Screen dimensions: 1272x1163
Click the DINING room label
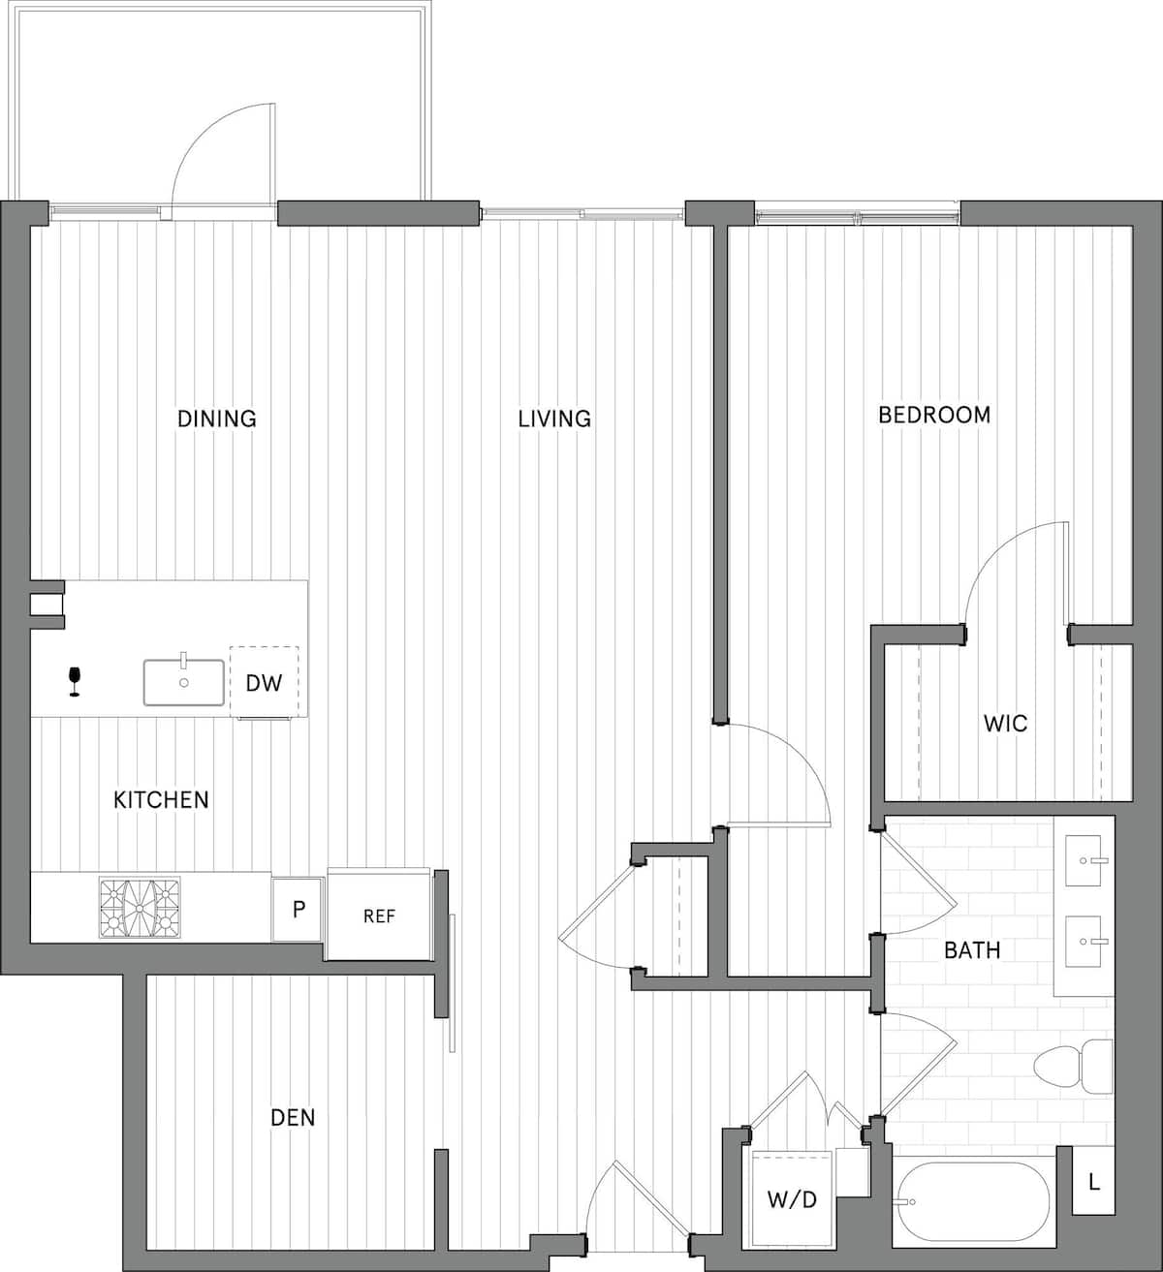pyautogui.click(x=216, y=419)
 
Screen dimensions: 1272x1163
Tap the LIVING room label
pyautogui.click(x=553, y=419)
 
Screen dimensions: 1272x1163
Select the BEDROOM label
pyautogui.click(x=933, y=415)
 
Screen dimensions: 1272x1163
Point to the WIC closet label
pyautogui.click(x=1005, y=723)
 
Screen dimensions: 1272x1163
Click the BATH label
pyautogui.click(x=971, y=949)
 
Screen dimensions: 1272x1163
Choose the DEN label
pyautogui.click(x=293, y=1117)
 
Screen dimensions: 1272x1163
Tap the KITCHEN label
pyautogui.click(x=161, y=799)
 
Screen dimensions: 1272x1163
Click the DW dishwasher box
pyautogui.click(x=264, y=683)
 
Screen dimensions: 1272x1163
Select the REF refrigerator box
pyautogui.click(x=379, y=915)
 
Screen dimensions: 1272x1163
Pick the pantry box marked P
pyautogui.click(x=299, y=910)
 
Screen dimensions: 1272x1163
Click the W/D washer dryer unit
pyautogui.click(x=792, y=1199)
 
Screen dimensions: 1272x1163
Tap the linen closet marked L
pyautogui.click(x=1094, y=1182)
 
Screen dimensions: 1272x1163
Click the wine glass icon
pyautogui.click(x=74, y=681)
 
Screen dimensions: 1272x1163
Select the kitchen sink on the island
pyautogui.click(x=183, y=682)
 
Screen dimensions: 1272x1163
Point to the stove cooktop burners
pyautogui.click(x=140, y=909)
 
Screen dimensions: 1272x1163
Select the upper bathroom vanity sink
pyautogui.click(x=1083, y=859)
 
